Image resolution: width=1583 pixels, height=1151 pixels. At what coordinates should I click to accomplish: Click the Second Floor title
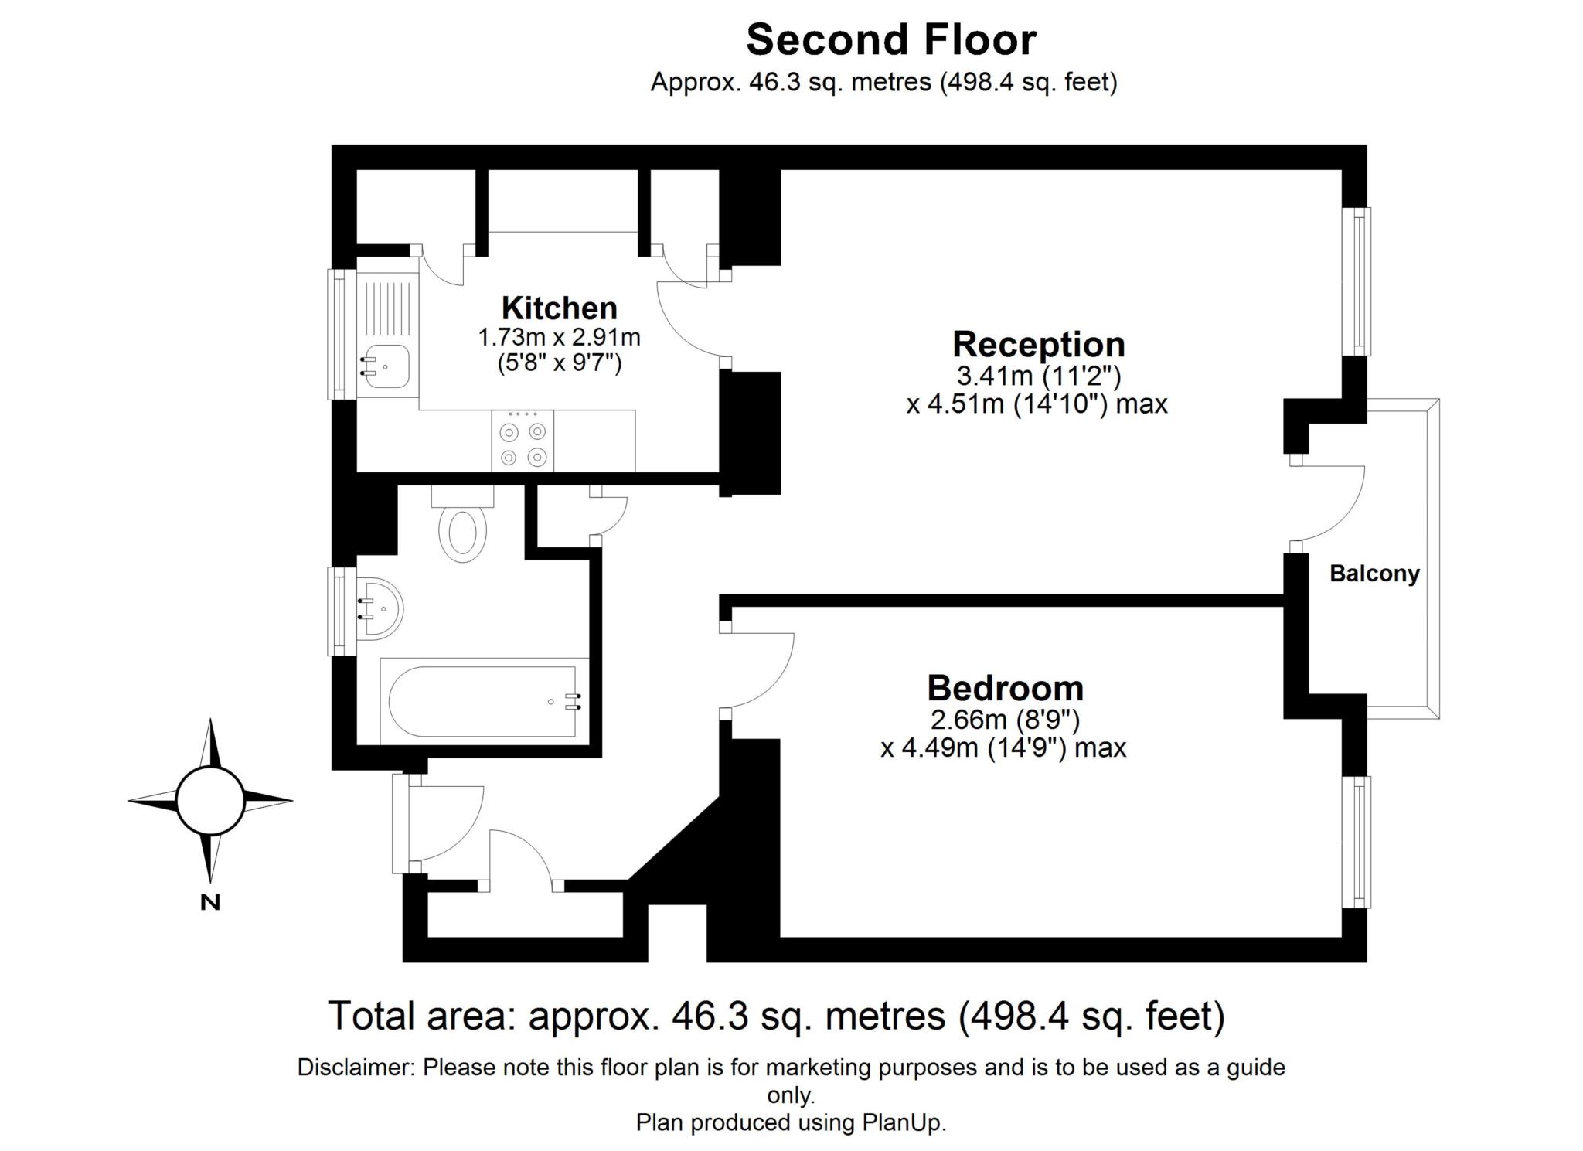point(890,40)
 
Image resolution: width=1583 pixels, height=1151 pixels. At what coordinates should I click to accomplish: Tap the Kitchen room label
point(560,308)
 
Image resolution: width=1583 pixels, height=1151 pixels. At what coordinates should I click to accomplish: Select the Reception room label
point(1038,345)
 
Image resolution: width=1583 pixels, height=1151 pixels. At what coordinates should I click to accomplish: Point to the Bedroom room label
point(1005,688)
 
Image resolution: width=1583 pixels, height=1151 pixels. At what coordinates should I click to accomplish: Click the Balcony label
point(1374,574)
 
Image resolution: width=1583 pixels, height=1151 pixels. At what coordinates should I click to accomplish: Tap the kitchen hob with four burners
point(523,441)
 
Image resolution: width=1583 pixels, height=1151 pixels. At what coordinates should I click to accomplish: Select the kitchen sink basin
point(385,366)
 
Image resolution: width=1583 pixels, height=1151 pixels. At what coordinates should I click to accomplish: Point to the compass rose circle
point(210,801)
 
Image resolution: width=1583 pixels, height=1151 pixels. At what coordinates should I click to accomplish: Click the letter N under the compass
point(210,902)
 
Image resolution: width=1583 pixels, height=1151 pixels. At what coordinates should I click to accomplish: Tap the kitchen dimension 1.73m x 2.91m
point(560,338)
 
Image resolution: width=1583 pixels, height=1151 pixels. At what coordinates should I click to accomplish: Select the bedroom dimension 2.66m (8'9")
point(1005,720)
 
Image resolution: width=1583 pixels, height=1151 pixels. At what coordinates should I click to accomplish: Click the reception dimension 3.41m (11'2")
point(1038,376)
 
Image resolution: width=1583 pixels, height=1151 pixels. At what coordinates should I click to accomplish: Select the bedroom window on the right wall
point(1357,842)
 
